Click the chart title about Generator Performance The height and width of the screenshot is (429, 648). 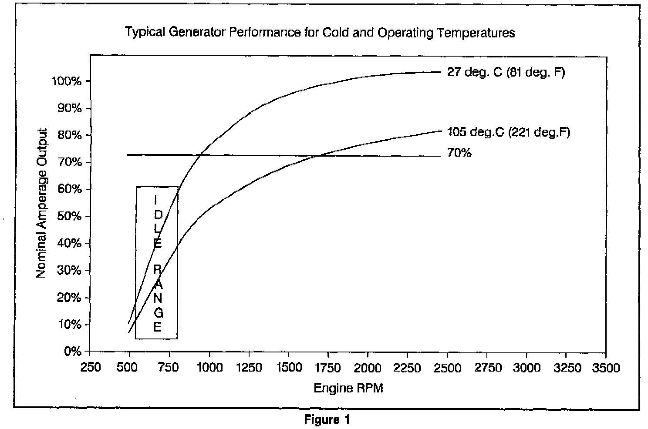[320, 33]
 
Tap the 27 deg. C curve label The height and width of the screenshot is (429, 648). [506, 72]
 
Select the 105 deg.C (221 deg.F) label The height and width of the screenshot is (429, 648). [508, 132]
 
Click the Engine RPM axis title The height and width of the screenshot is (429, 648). [348, 388]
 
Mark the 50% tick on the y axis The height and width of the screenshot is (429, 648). [69, 217]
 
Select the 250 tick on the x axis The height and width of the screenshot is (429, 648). [91, 368]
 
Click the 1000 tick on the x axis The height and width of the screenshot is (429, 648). [209, 368]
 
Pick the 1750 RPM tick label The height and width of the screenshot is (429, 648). [328, 368]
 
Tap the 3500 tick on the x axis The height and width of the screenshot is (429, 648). [606, 368]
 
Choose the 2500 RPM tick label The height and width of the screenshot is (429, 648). [447, 368]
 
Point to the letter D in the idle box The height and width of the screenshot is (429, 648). [158, 214]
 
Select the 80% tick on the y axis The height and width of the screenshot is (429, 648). [69, 135]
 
